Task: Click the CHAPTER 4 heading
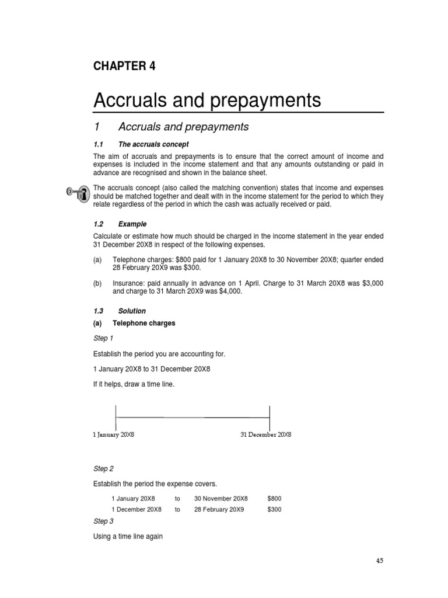124,66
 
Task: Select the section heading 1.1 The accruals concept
141,144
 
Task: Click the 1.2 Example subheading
120,224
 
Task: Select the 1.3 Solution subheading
120,311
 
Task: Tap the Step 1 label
103,338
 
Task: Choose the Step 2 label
103,468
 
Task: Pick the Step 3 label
103,521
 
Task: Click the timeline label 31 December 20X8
266,435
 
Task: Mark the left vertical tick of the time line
116,417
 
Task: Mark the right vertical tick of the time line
269,417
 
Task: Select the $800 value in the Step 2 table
274,498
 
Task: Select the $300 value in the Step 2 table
274,509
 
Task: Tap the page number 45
380,561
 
